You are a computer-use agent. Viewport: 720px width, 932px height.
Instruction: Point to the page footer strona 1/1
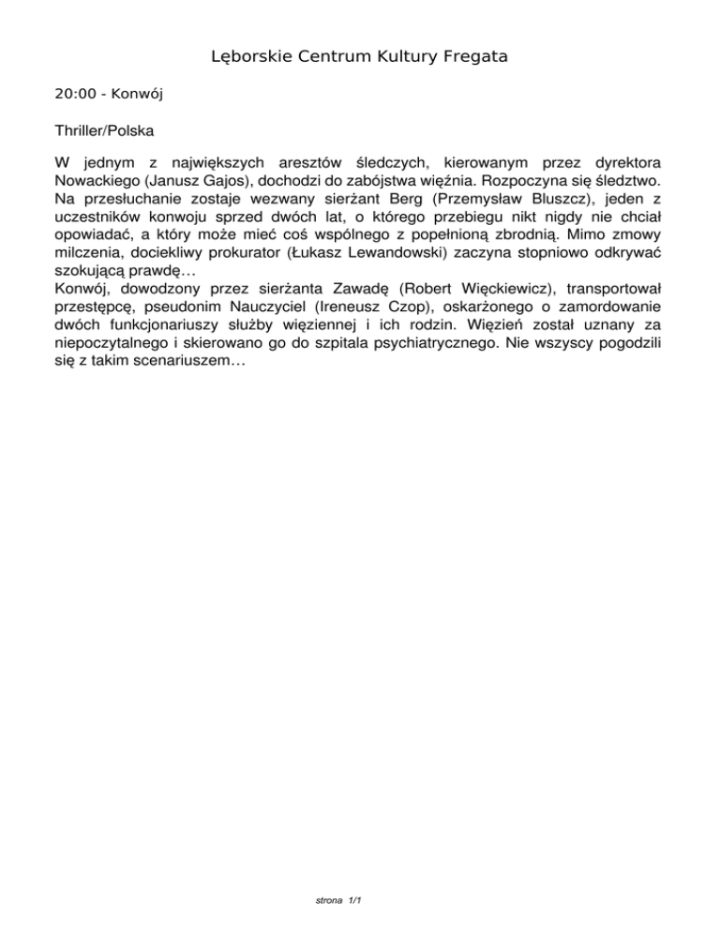(340, 901)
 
